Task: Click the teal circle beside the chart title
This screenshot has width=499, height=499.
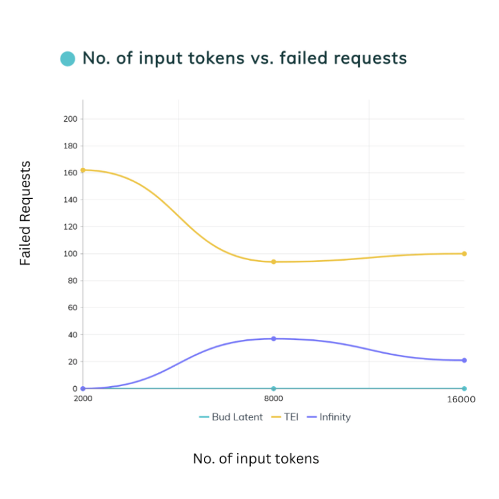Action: (67, 59)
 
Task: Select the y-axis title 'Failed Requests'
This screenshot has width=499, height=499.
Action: (25, 213)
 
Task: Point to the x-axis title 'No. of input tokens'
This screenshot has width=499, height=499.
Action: (256, 459)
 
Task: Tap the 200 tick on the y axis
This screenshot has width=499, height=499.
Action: (70, 119)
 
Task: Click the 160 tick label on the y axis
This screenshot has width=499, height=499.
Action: (70, 173)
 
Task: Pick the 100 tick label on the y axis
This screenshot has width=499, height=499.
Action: (70, 254)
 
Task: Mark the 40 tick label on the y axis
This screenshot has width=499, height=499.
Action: (72, 334)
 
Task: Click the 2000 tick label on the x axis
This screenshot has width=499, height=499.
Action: (83, 399)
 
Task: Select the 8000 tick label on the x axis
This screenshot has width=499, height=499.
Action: (273, 399)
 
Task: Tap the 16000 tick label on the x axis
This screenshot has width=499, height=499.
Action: (462, 400)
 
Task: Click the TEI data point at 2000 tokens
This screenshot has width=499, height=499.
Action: (83, 170)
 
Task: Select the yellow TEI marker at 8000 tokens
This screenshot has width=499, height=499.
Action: (273, 262)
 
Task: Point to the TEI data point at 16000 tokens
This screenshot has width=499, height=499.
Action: (464, 254)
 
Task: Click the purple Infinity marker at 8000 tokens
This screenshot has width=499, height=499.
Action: (273, 339)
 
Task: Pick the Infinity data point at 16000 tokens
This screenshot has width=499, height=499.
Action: (464, 361)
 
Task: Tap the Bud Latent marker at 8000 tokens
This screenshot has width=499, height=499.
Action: (273, 389)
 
